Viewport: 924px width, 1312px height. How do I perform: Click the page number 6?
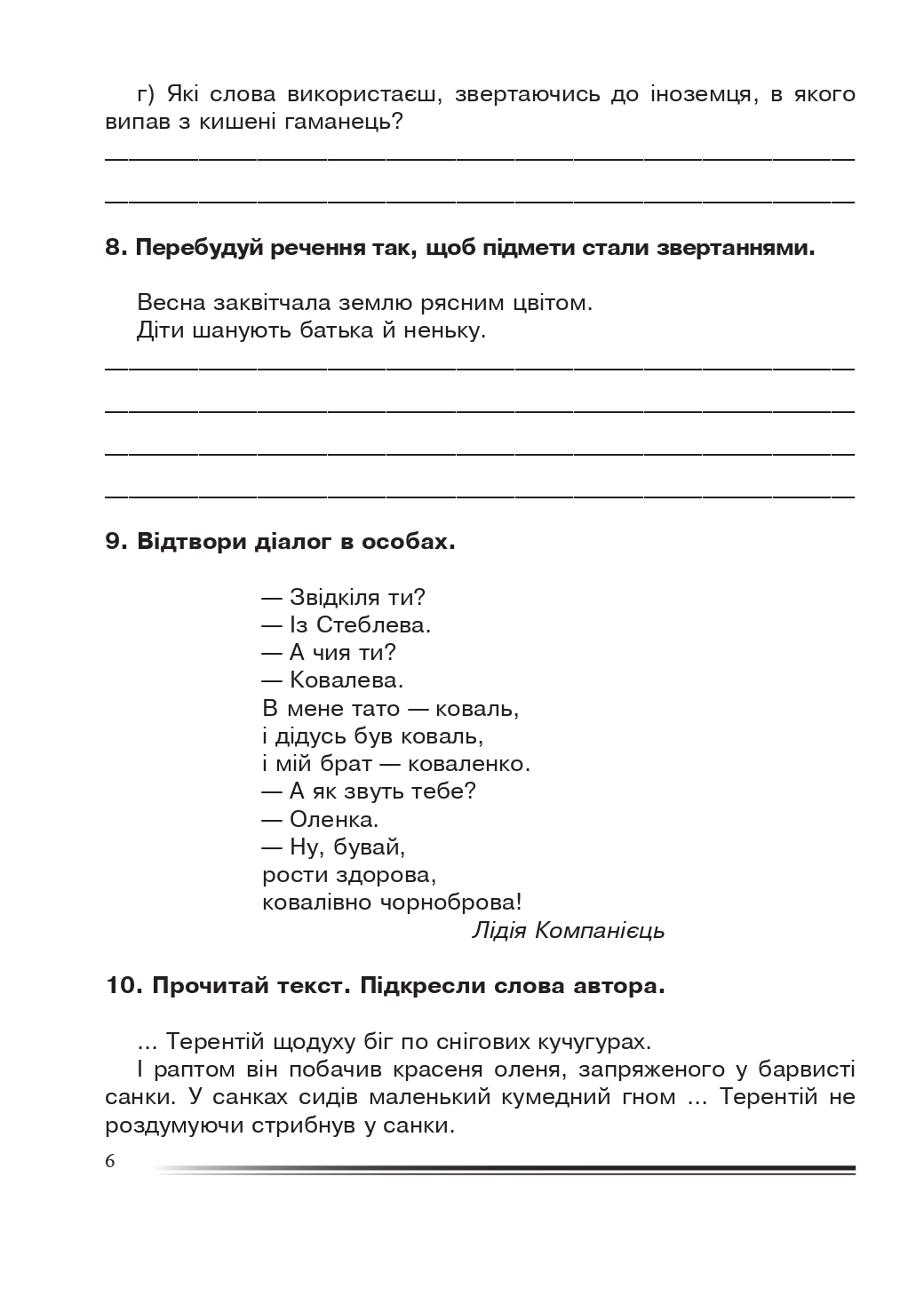[110, 1162]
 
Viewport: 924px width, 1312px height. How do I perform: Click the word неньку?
[444, 331]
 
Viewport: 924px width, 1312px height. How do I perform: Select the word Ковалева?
[346, 680]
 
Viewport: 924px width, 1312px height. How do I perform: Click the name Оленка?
[334, 819]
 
